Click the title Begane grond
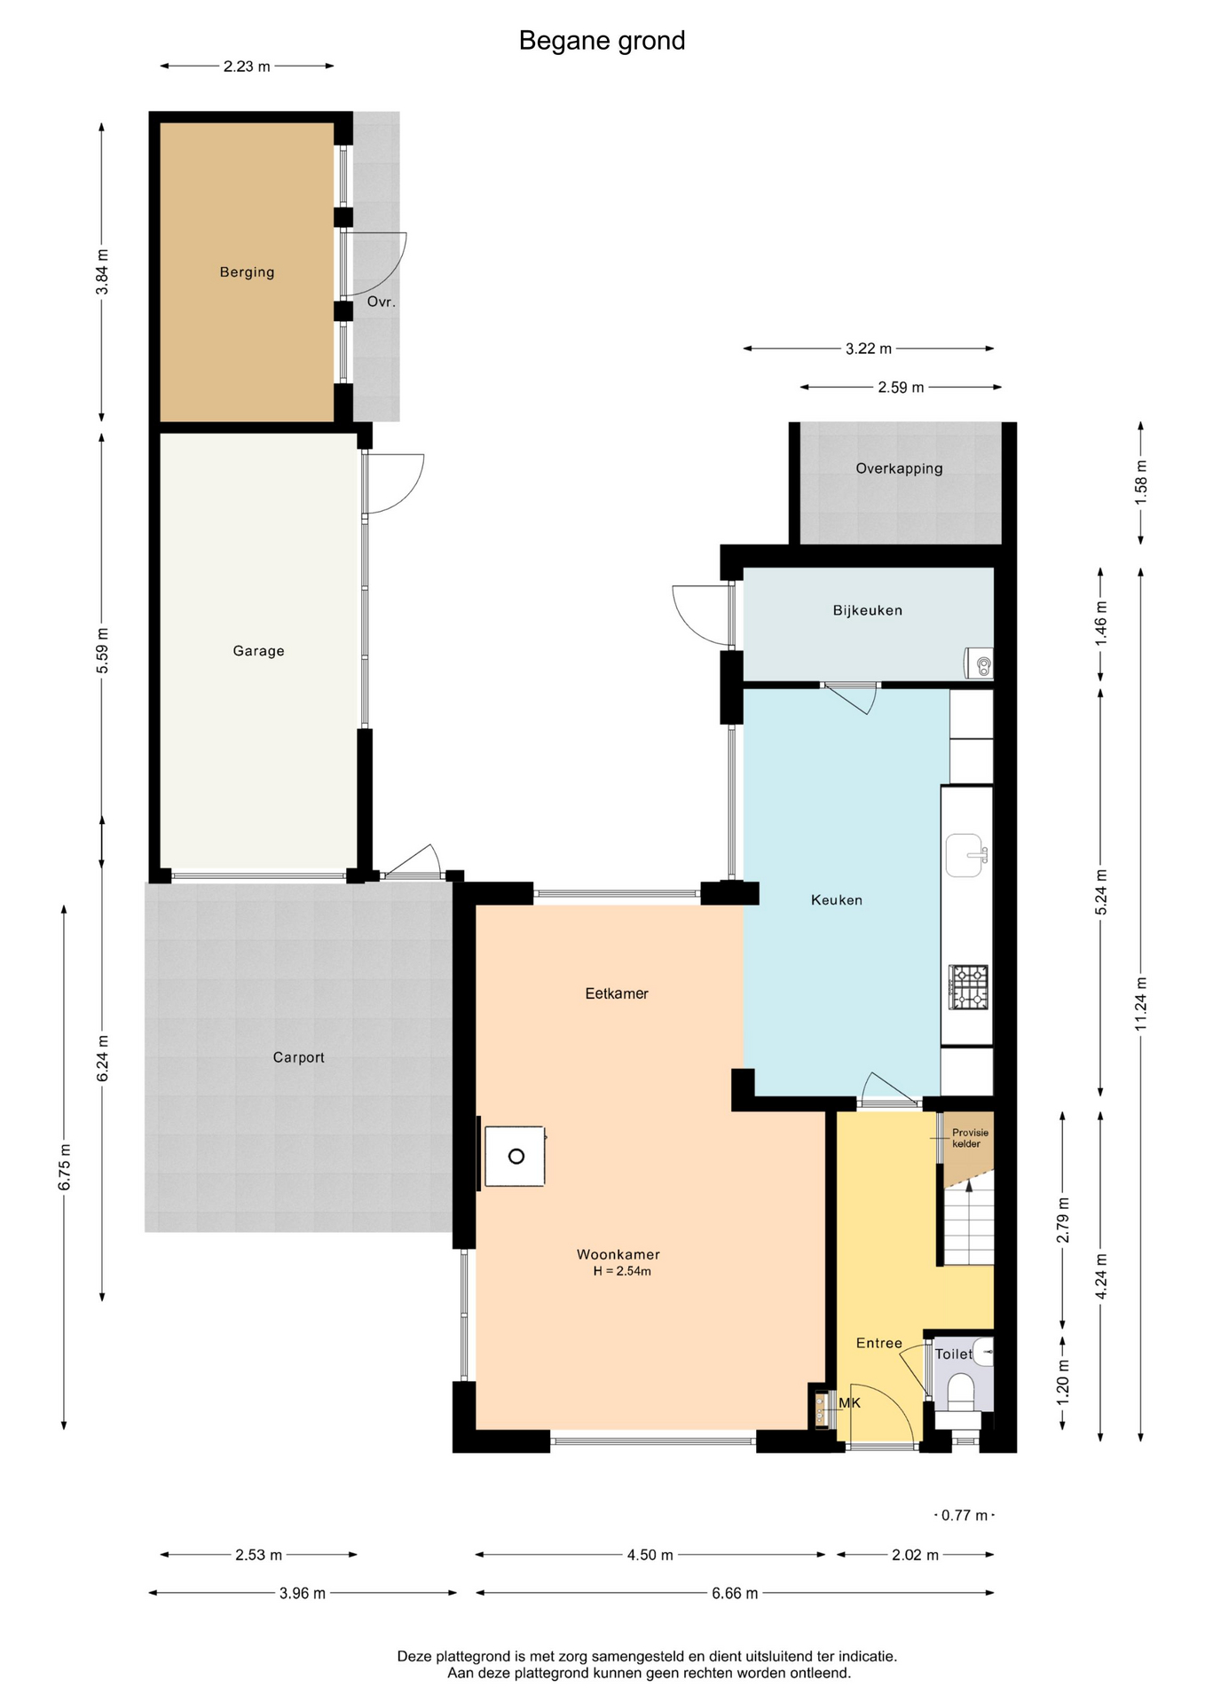[602, 41]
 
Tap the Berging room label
[247, 272]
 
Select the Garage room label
[258, 651]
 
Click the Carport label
[298, 1057]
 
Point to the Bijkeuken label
[867, 610]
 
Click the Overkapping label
[899, 468]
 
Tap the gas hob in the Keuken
[968, 987]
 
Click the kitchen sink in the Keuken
[965, 855]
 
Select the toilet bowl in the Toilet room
[960, 1393]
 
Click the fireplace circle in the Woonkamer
[516, 1157]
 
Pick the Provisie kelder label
[969, 1138]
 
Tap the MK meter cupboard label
[849, 1403]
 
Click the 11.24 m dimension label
[1141, 1003]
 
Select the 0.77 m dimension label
[965, 1516]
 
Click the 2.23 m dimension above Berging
[247, 67]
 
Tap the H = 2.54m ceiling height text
[622, 1271]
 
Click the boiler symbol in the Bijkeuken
[979, 663]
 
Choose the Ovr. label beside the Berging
[381, 302]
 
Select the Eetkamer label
[617, 993]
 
